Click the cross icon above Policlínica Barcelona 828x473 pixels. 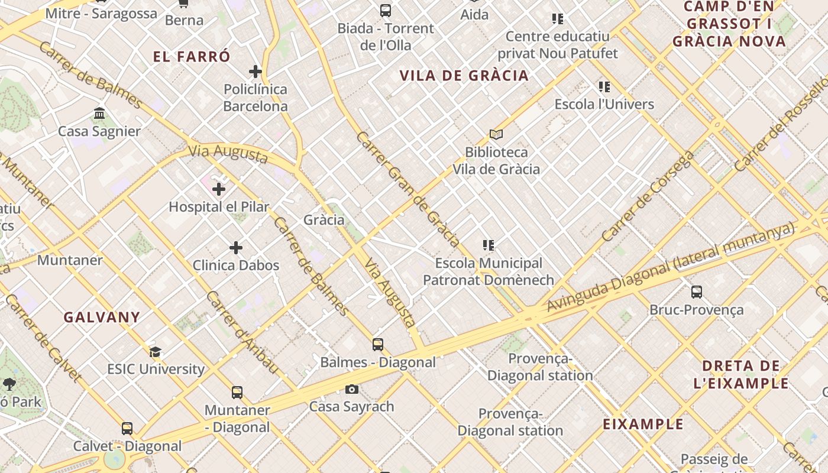coord(255,72)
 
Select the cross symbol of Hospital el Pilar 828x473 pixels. coord(219,189)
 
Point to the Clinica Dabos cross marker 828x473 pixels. coord(236,248)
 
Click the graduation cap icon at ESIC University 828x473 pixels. coord(155,352)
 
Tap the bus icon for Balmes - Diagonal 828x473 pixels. coord(378,345)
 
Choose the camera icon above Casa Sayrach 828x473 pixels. coord(352,389)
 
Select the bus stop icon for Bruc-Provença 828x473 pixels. coord(697,292)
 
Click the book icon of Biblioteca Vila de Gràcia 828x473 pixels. coord(496,135)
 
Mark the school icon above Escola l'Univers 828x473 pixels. coord(604,87)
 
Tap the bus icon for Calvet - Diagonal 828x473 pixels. coord(127,429)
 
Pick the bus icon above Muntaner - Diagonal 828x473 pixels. coord(237,393)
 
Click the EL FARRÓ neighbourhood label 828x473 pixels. coord(191,57)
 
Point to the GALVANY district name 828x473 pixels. coord(102,317)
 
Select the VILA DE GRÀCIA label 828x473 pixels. coord(464,76)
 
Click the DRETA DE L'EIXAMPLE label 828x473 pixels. coord(740,374)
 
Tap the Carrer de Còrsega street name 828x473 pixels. coord(647,196)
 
